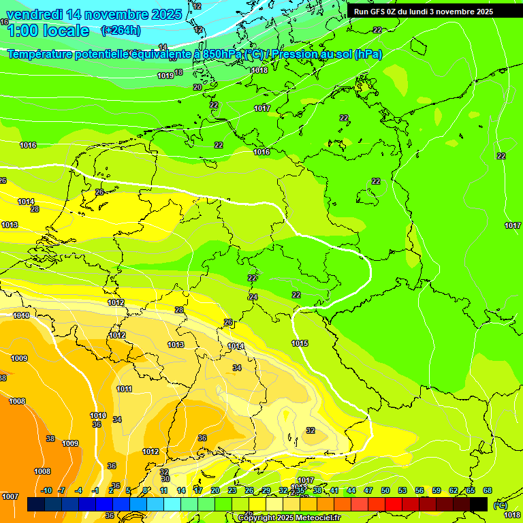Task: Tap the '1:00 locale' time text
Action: (x=48, y=31)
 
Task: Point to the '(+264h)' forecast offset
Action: (x=121, y=30)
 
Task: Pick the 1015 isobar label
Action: (x=300, y=343)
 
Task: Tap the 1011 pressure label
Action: (x=124, y=389)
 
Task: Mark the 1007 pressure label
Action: (x=10, y=496)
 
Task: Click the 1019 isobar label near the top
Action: (x=165, y=76)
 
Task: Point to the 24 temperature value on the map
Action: (x=253, y=297)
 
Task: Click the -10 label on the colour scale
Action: (x=46, y=490)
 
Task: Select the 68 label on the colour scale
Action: (x=488, y=490)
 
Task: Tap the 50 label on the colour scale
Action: (x=385, y=490)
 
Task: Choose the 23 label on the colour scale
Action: (x=232, y=490)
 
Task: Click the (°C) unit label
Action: (x=500, y=505)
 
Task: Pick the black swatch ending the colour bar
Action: (x=479, y=504)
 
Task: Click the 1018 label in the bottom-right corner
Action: (x=512, y=515)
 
